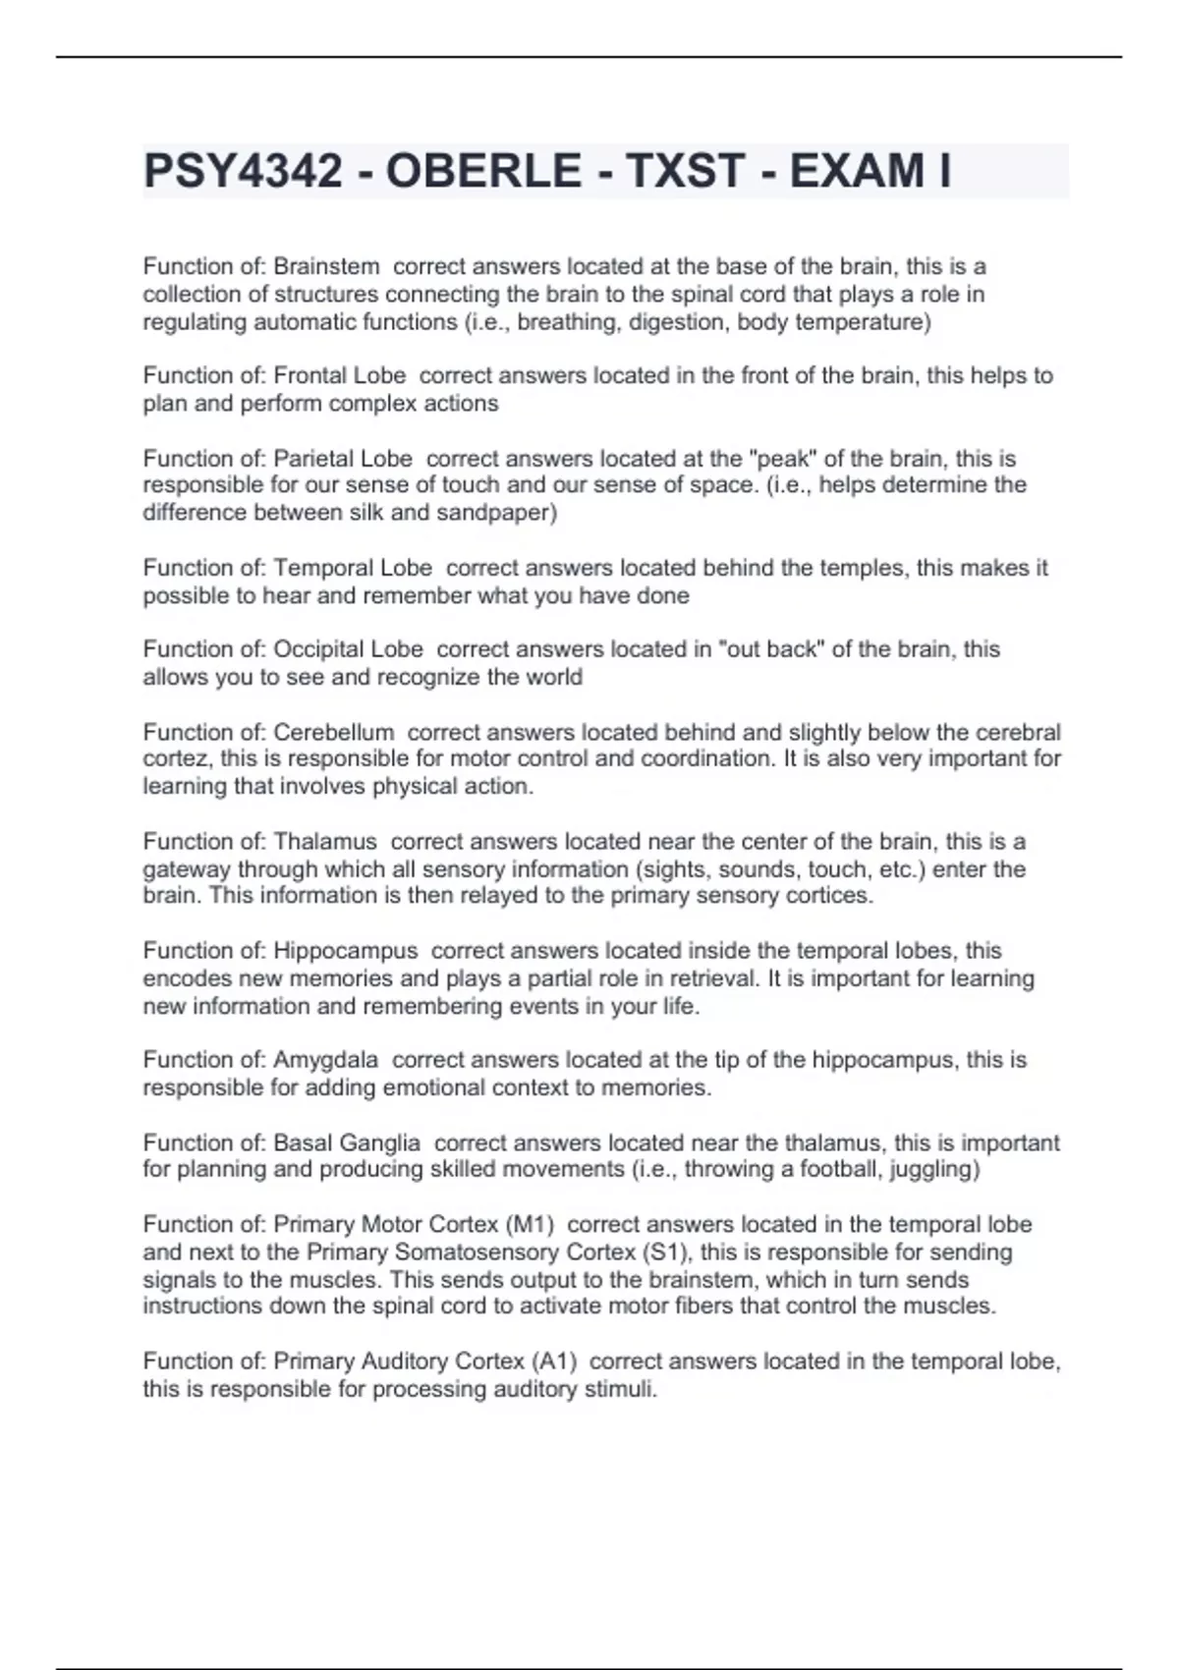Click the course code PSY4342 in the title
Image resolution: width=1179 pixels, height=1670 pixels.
[x=243, y=171]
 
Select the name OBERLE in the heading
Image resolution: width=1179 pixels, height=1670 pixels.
[x=483, y=171]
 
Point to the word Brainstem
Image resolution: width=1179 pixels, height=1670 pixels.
[x=326, y=266]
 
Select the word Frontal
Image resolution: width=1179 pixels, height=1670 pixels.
[x=309, y=375]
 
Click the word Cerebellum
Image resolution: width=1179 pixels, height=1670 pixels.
[x=333, y=733]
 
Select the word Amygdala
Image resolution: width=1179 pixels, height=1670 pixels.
[x=325, y=1060]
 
